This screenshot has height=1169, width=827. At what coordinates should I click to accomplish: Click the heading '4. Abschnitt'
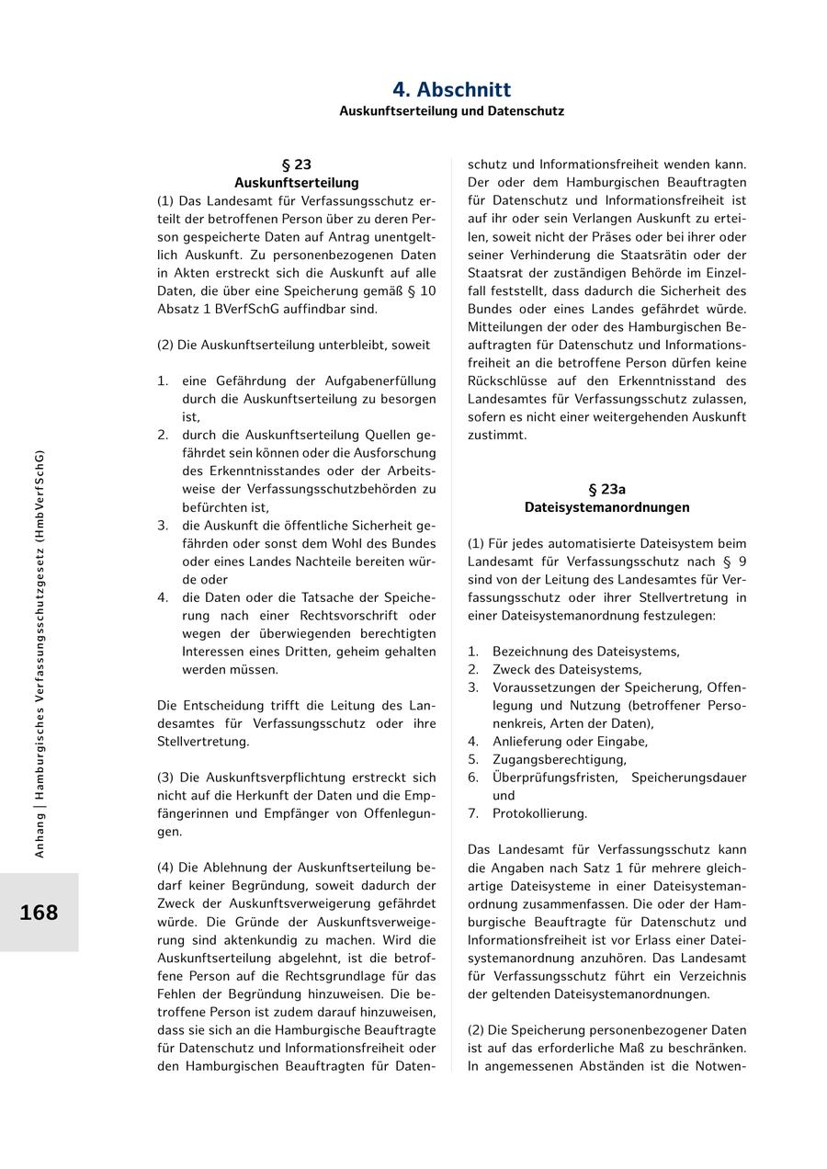(451, 90)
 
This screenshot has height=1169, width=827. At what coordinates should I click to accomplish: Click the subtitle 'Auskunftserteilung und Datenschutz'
(451, 111)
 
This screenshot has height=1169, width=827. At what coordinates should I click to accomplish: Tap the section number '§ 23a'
(606, 489)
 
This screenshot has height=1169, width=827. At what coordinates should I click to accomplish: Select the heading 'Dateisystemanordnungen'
(606, 507)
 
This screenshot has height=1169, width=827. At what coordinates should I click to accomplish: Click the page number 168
(39, 913)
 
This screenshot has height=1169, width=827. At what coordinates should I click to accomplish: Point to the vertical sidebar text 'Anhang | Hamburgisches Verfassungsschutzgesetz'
(40, 653)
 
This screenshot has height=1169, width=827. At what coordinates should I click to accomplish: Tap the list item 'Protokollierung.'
(539, 813)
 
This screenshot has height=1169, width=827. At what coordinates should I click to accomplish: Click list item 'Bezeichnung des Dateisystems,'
(585, 652)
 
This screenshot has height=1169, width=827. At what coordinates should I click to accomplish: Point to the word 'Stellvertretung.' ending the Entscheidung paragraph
(202, 741)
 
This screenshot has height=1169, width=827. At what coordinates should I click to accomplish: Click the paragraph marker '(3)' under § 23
(166, 777)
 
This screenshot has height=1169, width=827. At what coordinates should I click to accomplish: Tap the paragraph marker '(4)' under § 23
(166, 868)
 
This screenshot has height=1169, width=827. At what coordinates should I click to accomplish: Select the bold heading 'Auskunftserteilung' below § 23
(296, 183)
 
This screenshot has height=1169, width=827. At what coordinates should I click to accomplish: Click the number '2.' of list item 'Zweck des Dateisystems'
(473, 670)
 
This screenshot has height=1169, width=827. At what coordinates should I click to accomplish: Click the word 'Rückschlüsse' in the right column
(508, 380)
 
